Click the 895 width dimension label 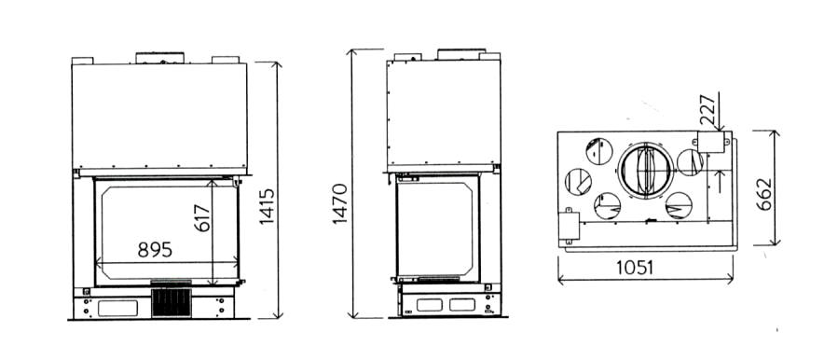pyautogui.click(x=155, y=250)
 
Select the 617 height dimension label pyautogui.click(x=201, y=217)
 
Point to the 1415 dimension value pyautogui.click(x=267, y=206)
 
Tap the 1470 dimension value pyautogui.click(x=340, y=203)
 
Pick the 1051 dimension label pyautogui.click(x=635, y=268)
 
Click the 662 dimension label pyautogui.click(x=764, y=194)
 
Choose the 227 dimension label pyautogui.click(x=707, y=110)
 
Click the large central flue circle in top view pyautogui.click(x=645, y=171)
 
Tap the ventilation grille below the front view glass pyautogui.click(x=172, y=302)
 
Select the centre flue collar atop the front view pyautogui.click(x=159, y=58)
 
